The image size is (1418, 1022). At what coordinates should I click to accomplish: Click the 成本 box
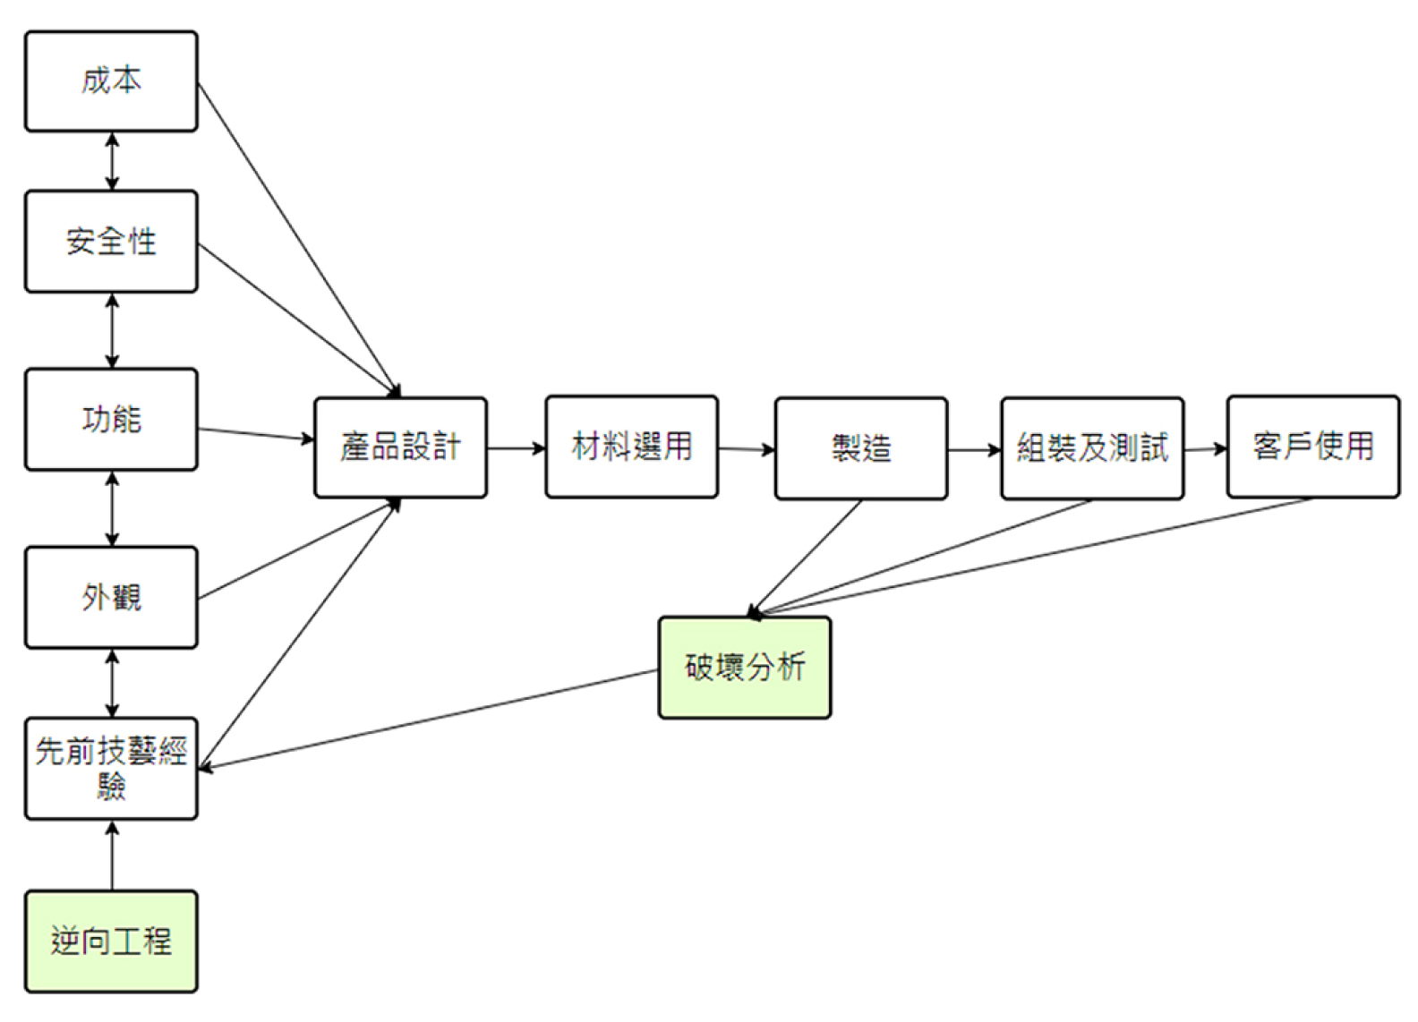[x=111, y=81]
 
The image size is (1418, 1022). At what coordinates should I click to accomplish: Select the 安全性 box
[x=111, y=241]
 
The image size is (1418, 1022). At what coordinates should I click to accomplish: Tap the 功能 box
[x=111, y=419]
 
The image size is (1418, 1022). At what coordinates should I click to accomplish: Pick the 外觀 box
[x=111, y=597]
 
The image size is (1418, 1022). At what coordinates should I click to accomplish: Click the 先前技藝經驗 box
[x=111, y=768]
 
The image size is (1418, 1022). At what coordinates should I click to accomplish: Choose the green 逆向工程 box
[x=111, y=941]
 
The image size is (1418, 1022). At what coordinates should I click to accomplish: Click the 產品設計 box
[x=400, y=447]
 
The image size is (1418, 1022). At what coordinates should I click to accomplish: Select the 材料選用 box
[x=631, y=447]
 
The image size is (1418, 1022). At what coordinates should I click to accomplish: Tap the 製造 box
[x=860, y=448]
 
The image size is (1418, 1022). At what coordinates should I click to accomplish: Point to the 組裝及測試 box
[x=1092, y=448]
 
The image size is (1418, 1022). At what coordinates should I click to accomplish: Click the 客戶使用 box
[x=1312, y=447]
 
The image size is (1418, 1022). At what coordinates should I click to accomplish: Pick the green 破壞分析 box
[x=744, y=668]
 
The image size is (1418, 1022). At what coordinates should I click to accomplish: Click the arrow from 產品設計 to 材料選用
[x=517, y=447]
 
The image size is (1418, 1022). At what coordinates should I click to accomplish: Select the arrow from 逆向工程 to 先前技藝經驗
[x=112, y=856]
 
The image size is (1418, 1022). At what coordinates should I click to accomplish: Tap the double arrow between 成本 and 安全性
[x=112, y=161]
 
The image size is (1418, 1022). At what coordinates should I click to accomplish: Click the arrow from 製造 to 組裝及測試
[x=974, y=449]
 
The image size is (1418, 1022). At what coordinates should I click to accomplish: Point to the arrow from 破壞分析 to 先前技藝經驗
[x=430, y=720]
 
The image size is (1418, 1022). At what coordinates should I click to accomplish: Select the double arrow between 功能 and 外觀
[x=112, y=508]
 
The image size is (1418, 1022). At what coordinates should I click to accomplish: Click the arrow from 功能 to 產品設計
[x=256, y=434]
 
